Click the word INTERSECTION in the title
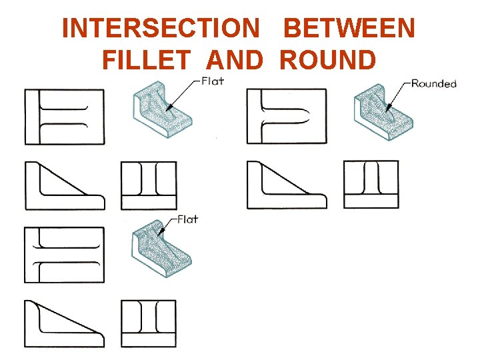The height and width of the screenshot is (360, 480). (x=160, y=29)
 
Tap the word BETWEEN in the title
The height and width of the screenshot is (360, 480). (x=349, y=29)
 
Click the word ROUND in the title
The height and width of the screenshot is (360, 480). (x=328, y=60)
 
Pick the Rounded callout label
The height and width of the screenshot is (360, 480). (x=433, y=83)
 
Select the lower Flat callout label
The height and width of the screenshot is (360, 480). (x=187, y=219)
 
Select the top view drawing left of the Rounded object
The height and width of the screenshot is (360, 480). (x=287, y=116)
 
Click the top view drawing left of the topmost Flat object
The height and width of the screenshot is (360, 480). (x=65, y=117)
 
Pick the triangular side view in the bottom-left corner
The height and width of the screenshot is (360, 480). (x=65, y=323)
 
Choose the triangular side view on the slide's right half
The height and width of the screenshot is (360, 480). (x=287, y=185)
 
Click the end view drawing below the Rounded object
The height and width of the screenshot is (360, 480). (x=371, y=184)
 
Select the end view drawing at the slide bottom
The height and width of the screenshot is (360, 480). (x=149, y=323)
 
